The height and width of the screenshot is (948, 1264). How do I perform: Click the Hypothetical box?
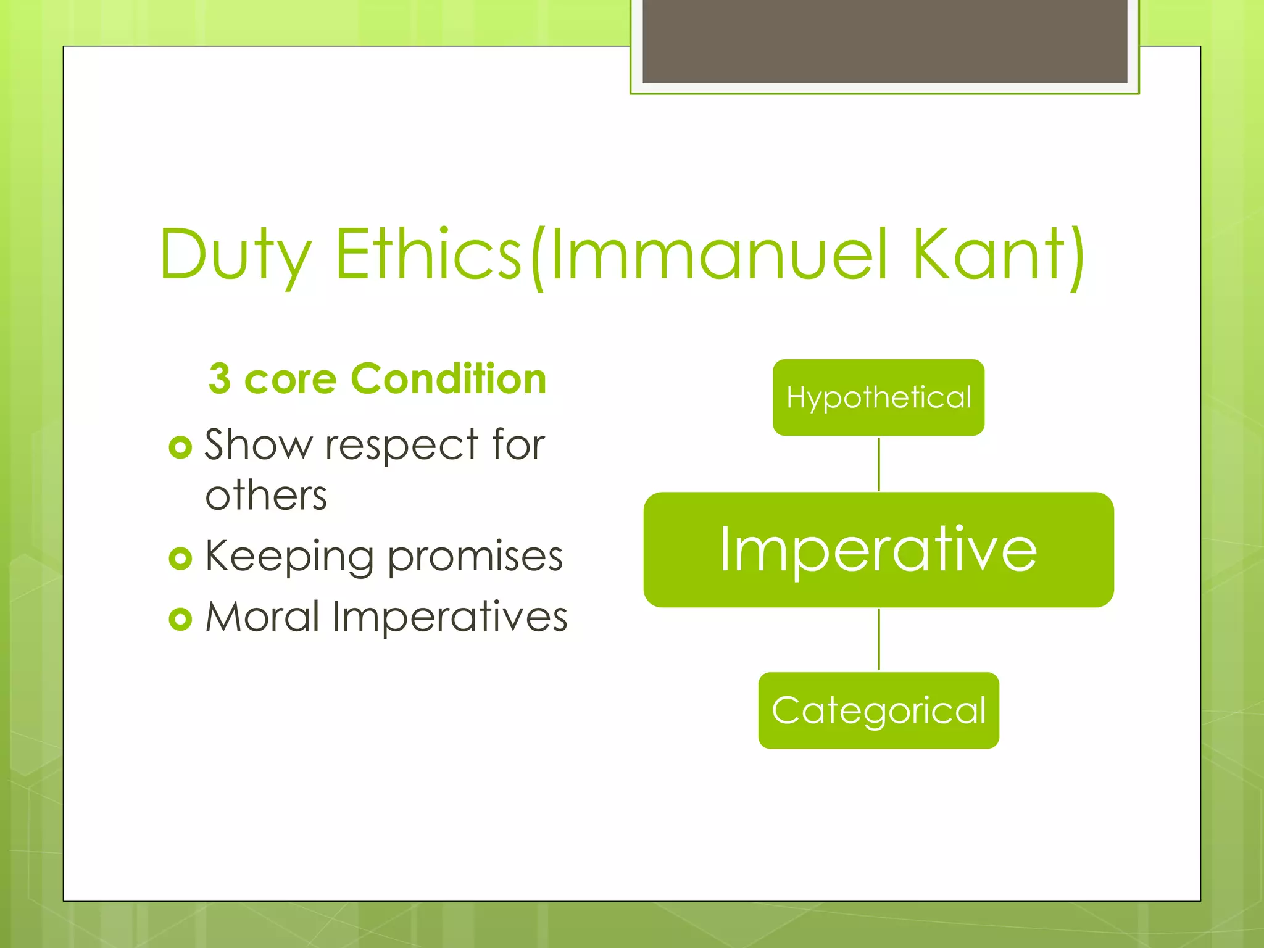pos(878,397)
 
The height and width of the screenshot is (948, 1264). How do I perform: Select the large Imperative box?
pos(878,549)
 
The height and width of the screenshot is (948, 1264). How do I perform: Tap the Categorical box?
pos(878,710)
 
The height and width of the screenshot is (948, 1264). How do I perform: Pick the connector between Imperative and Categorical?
pos(879,639)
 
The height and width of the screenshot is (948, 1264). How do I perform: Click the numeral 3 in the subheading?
pos(220,379)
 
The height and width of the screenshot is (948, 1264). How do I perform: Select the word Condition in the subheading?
pos(449,378)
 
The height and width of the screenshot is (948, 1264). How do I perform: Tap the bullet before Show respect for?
pos(180,447)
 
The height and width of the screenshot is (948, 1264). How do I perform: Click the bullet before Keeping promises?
pos(180,558)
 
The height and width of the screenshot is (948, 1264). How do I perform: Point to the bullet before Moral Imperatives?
pos(180,618)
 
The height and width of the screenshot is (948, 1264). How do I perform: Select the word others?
pos(266,496)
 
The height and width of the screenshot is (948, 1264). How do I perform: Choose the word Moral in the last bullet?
pos(262,617)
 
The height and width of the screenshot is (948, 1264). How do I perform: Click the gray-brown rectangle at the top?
pos(884,40)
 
